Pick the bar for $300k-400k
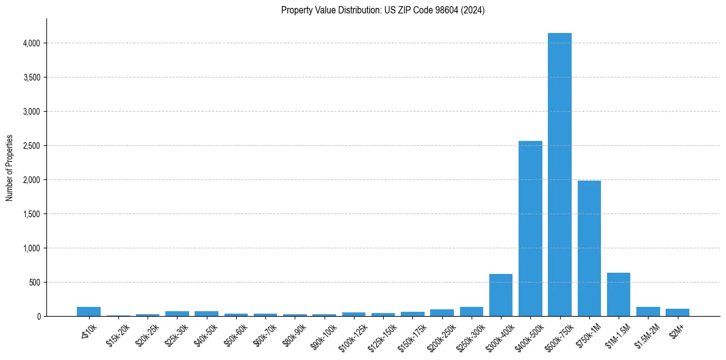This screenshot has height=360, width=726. coord(501,295)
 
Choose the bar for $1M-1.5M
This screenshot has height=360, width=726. coord(619,295)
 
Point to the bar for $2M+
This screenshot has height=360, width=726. coord(677,312)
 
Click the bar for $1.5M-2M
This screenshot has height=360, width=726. coord(648,312)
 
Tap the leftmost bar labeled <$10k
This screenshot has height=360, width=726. coord(88,312)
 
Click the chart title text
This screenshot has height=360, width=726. coord(383,10)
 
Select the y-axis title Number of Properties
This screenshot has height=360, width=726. coord(10,168)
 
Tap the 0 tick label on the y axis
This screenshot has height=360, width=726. coord(38,317)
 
